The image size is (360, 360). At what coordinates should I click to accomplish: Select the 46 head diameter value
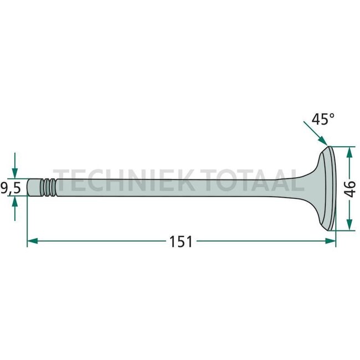[x=349, y=188]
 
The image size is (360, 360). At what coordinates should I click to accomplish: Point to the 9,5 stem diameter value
[x=11, y=188]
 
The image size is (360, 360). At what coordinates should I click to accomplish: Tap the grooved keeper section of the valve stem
[x=49, y=188]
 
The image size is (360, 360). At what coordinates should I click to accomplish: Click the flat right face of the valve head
[x=333, y=188]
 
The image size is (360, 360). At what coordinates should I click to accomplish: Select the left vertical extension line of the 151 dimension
[x=27, y=222]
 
